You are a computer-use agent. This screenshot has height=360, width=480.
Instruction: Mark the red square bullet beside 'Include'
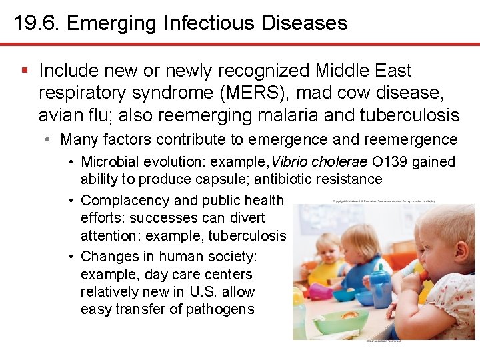click(25, 70)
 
